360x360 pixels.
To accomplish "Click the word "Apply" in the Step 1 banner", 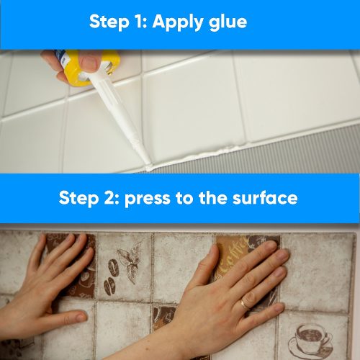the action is [179, 22].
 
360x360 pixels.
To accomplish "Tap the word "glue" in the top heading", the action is [228, 22].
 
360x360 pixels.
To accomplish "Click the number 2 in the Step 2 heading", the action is [109, 198].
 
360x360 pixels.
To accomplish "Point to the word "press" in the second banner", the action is [148, 199].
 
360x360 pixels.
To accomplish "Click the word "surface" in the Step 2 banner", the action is [265, 198].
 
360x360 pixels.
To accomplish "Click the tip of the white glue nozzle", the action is [148, 168].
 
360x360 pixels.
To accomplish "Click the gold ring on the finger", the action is [246, 305].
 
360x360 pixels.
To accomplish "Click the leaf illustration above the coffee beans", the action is [130, 261].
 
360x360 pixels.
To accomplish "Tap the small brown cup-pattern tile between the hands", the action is [164, 318].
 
